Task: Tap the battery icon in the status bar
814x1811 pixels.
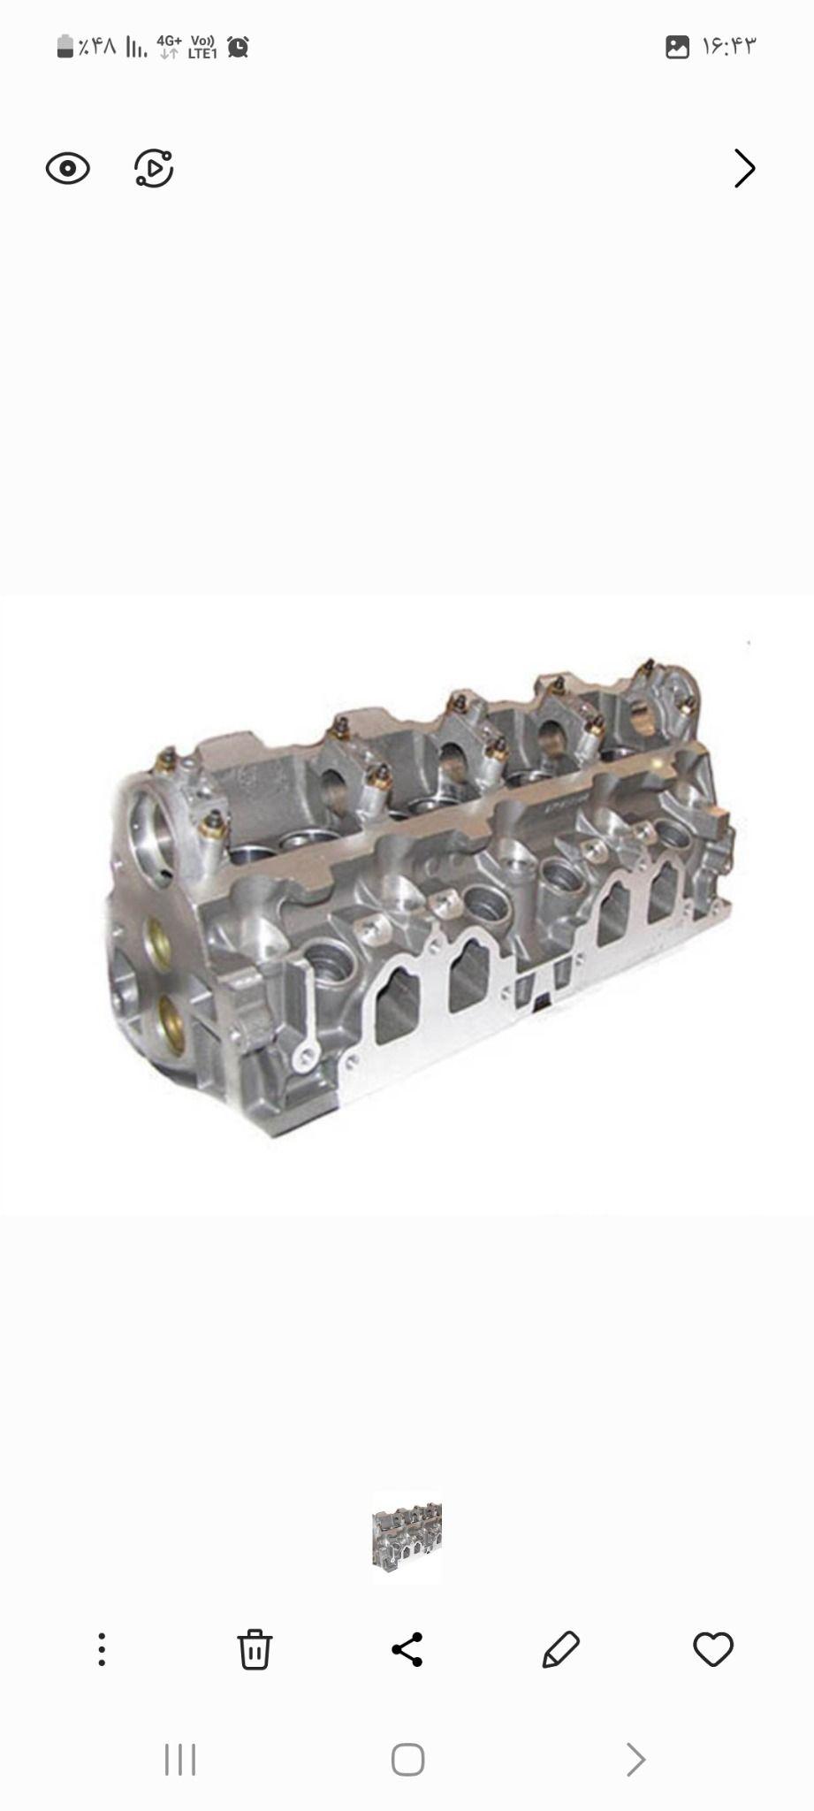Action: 65,46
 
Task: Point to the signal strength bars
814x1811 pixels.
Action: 136,47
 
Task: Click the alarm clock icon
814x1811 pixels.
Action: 238,47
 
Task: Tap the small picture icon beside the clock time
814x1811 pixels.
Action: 677,47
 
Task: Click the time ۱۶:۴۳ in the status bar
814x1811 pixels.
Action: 729,46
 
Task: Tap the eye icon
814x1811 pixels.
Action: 68,168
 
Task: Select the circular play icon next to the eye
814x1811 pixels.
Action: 154,168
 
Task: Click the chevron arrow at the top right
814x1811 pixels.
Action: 745,168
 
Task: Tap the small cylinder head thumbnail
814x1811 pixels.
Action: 407,1537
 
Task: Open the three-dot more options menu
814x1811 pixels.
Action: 102,1649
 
